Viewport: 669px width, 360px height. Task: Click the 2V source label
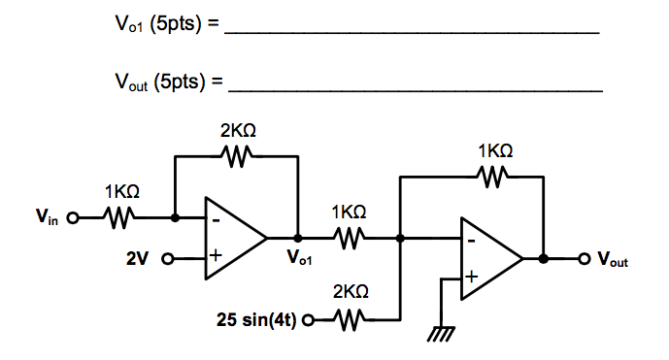click(139, 259)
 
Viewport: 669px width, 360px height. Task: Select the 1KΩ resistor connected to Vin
click(119, 219)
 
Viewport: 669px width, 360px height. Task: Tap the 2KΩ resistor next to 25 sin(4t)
click(349, 318)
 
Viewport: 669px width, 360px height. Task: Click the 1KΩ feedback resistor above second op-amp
click(494, 177)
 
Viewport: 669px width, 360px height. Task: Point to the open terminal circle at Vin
click(72, 219)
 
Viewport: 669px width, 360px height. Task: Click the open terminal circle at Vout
click(585, 259)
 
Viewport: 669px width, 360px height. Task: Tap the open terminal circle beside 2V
click(166, 259)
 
